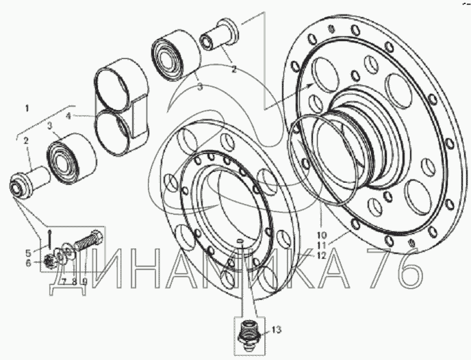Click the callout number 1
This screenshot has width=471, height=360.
[27, 108]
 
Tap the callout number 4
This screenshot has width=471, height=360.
[68, 116]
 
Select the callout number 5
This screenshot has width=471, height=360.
[29, 253]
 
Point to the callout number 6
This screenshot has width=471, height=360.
[29, 263]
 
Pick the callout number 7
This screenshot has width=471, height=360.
[64, 281]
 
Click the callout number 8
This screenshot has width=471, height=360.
[74, 281]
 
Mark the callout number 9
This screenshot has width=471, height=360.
[85, 281]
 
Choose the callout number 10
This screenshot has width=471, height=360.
[321, 235]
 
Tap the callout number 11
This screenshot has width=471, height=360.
[321, 245]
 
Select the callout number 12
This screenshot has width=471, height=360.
[320, 256]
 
